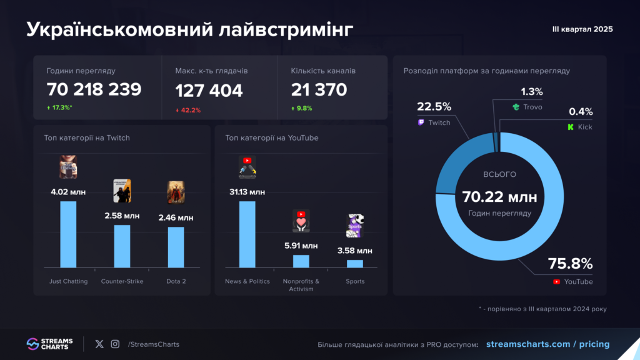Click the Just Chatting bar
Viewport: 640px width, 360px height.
point(68,234)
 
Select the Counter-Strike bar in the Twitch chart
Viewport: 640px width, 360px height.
point(122,246)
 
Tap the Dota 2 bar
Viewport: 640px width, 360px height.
point(176,247)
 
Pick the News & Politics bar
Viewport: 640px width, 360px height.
point(247,234)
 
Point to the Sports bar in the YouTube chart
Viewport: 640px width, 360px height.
point(355,263)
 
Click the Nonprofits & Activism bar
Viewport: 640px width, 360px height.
point(301,261)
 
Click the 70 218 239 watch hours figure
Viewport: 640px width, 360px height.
point(94,89)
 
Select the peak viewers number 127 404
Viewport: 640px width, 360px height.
point(209,91)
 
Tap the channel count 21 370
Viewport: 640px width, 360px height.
point(319,90)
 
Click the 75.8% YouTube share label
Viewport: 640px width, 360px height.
point(570,263)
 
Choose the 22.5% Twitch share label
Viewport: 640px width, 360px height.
point(434,107)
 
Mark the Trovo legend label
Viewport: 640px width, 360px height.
point(532,107)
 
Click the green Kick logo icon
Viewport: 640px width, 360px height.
point(570,127)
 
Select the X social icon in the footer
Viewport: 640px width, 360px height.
point(99,344)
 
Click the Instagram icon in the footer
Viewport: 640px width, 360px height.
point(115,344)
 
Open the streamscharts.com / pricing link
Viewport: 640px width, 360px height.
point(547,344)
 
